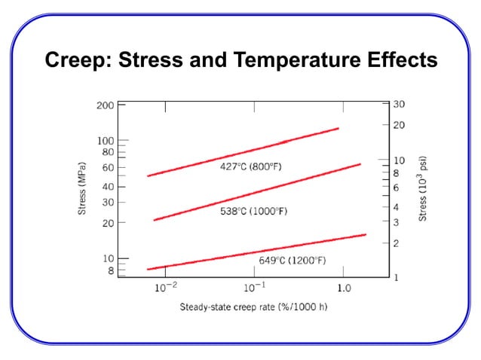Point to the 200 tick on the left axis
click(105, 105)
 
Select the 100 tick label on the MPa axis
click(105, 141)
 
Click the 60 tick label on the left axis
click(108, 168)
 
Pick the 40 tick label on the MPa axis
click(108, 187)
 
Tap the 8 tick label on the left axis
click(110, 270)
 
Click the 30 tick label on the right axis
click(400, 105)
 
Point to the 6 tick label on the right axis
click(397, 187)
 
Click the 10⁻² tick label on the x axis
click(166, 288)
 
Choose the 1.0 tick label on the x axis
click(343, 288)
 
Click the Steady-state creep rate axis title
click(253, 307)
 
